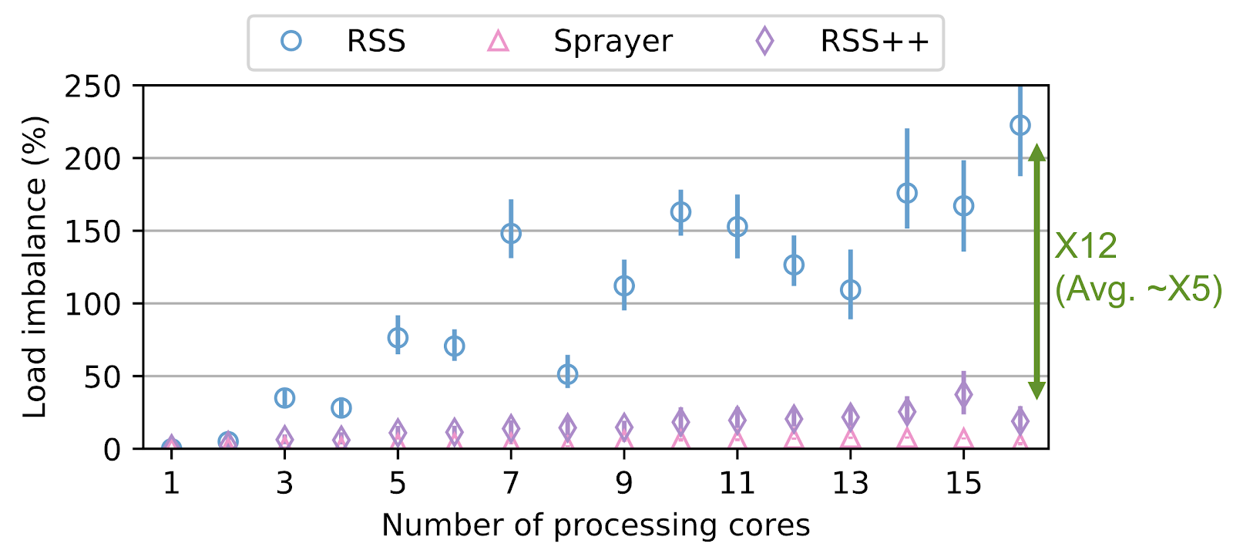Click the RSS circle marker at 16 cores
click(x=1020, y=125)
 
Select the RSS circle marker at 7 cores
click(x=511, y=233)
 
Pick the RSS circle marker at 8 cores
click(x=567, y=375)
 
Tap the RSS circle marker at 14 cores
click(x=907, y=193)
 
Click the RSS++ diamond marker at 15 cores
click(x=963, y=394)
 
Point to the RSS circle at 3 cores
click(x=284, y=398)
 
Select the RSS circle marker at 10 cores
click(x=680, y=211)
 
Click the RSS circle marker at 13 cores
click(x=850, y=290)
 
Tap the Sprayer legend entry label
click(x=613, y=41)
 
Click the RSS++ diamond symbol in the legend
click(x=764, y=41)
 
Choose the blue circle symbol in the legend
click(x=291, y=41)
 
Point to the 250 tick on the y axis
click(x=92, y=86)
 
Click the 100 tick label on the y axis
click(x=92, y=304)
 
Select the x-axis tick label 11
click(x=737, y=484)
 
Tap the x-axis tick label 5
click(x=398, y=484)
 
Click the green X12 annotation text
click(x=1085, y=247)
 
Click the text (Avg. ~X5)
click(x=1138, y=290)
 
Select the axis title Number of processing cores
click(x=596, y=525)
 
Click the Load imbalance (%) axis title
click(x=35, y=267)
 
